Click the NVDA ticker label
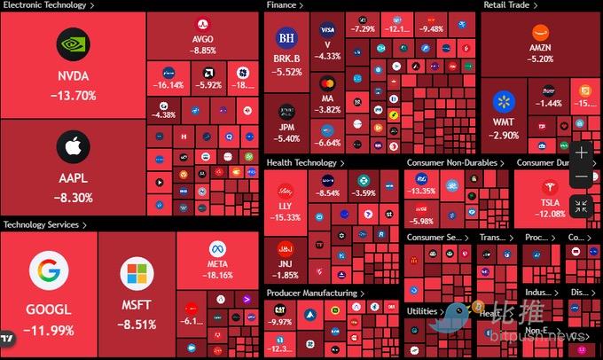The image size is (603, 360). point(74,76)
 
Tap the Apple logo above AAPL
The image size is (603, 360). point(74,146)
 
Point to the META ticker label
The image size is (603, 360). point(218,263)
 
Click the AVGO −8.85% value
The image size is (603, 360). point(203,51)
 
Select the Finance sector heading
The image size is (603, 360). point(282,5)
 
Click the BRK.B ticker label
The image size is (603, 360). point(286,59)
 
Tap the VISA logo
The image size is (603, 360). point(328,30)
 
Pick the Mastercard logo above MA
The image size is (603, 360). point(328,83)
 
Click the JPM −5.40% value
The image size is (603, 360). point(286,138)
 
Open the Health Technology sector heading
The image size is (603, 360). point(302,163)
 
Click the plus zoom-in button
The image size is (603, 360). point(581,153)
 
